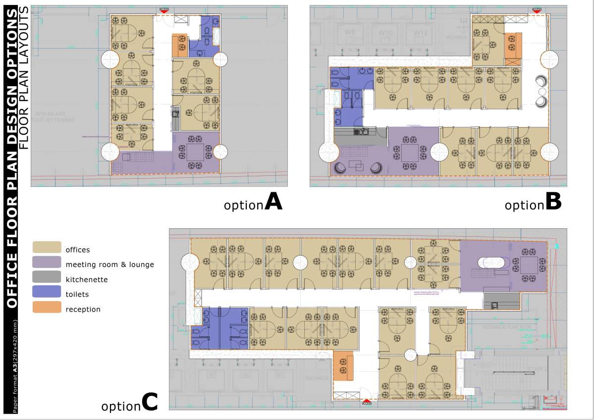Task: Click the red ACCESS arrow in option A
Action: click(164, 10)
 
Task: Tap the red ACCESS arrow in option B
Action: click(537, 10)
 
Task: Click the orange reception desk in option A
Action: click(179, 46)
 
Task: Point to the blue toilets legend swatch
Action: click(47, 294)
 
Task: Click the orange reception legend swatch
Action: click(47, 309)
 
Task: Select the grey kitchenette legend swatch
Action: click(47, 279)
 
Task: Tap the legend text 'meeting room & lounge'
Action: click(109, 264)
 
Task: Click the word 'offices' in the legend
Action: click(78, 250)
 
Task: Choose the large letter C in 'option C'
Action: click(150, 402)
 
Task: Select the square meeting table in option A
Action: click(195, 152)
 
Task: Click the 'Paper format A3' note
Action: click(15, 367)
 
